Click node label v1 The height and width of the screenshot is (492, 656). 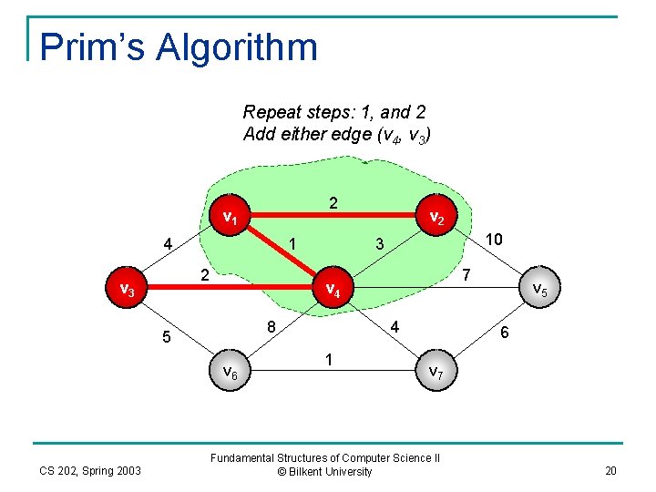pos(231,219)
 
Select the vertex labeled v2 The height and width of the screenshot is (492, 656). pos(436,219)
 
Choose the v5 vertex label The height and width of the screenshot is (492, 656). pos(539,291)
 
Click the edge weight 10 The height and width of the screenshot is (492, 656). pos(494,239)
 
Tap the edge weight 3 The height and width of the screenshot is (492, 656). pos(381,244)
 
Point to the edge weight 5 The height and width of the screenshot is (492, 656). pos(166,338)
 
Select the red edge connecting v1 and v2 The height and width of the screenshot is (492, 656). pos(333,220)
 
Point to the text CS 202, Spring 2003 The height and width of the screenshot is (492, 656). pos(89,470)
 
